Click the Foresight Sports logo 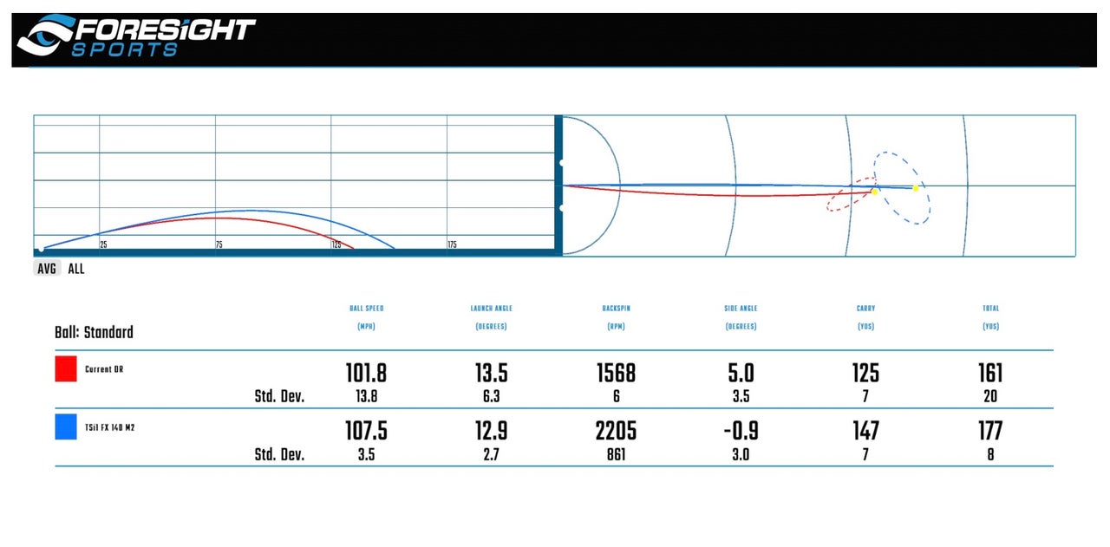point(136,36)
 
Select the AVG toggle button point(47,269)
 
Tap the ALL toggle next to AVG point(76,269)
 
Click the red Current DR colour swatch point(66,368)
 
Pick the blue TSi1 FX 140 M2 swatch point(66,427)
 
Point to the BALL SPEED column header point(365,309)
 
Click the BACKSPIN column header point(616,309)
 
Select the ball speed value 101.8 point(365,373)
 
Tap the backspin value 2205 point(616,431)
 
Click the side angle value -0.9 point(740,431)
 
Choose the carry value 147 point(865,431)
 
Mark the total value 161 point(989,373)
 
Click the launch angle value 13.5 point(490,373)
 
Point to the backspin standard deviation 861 point(616,454)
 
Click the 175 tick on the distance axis point(452,245)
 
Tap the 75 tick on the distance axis point(219,245)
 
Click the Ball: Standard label point(94,332)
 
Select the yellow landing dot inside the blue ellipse point(916,188)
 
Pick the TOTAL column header point(989,309)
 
